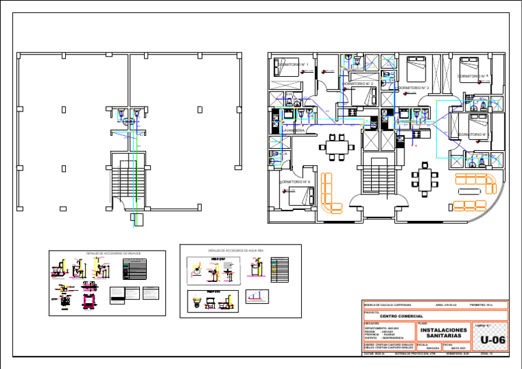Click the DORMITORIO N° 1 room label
coord(294,65)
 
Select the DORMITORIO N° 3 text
coord(413,88)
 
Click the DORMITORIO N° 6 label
coord(296,182)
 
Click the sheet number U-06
coord(492,340)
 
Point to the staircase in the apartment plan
coord(375,178)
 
